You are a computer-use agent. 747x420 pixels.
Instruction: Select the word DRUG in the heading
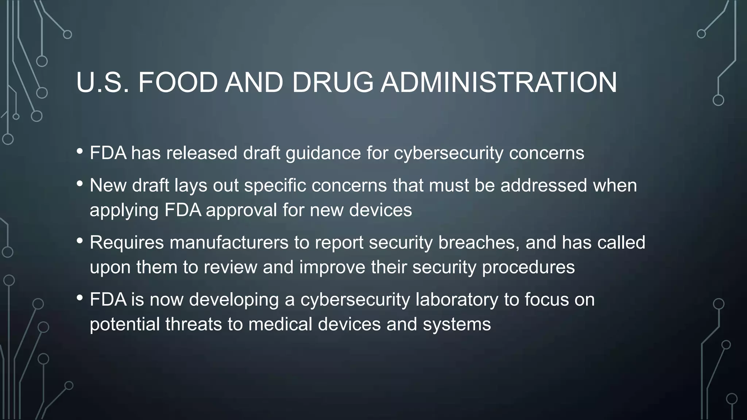tap(333, 82)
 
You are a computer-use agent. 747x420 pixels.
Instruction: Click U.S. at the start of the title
tap(102, 82)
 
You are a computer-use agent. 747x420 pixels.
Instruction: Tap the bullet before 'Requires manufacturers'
tap(80, 241)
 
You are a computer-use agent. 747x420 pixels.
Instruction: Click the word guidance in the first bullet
tap(323, 153)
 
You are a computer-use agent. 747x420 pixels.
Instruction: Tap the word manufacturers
tap(229, 243)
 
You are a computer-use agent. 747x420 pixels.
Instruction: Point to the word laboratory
tap(457, 300)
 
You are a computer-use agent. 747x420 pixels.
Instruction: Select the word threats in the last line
tap(193, 324)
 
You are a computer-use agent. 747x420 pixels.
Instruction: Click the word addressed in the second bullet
tap(543, 186)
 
